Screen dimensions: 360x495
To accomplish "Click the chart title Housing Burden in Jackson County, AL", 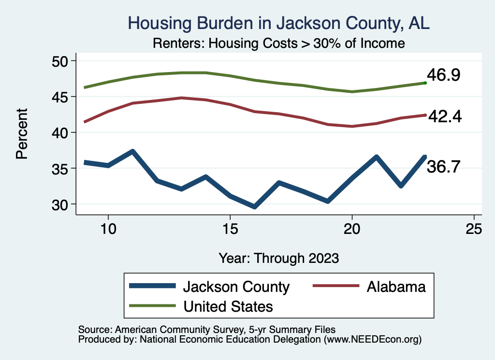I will pyautogui.click(x=278, y=23).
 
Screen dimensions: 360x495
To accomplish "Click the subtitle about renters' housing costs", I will pyautogui.click(x=278, y=43).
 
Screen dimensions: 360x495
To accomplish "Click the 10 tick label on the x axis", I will pyautogui.click(x=108, y=229).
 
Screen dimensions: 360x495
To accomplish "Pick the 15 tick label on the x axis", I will pyautogui.click(x=230, y=229).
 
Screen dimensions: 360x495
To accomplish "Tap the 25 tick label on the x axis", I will pyautogui.click(x=474, y=229).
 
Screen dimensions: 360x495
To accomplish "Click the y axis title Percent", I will pyautogui.click(x=21, y=133).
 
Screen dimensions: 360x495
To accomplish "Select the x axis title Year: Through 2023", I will pyautogui.click(x=278, y=258).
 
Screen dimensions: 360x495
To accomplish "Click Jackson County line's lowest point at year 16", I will pyautogui.click(x=254, y=207).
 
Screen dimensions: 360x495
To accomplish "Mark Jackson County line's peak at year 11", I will pyautogui.click(x=132, y=151).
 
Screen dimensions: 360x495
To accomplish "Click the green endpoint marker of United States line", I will pyautogui.click(x=425, y=83).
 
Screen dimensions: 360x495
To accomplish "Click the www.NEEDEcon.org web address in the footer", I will pyautogui.click(x=373, y=340).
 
